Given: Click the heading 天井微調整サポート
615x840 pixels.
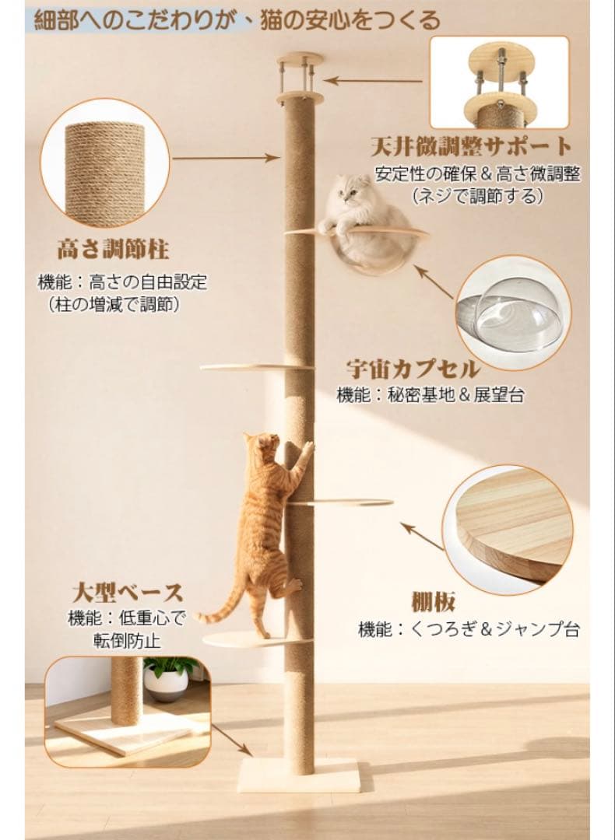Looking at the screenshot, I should tap(472, 146).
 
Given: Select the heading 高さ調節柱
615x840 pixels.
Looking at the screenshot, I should tap(113, 250).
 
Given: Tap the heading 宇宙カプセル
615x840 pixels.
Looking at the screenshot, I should tap(412, 368).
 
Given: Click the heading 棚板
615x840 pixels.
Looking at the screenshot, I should tap(433, 601).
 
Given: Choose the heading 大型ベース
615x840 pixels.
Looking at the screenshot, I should tap(128, 592).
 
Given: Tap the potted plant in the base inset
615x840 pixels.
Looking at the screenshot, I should tap(167, 677).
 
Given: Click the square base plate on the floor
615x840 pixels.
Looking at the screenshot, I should tap(300, 775).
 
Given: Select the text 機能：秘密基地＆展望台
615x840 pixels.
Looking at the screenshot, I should tap(430, 395).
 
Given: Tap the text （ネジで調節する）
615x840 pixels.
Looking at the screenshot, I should tap(476, 196).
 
